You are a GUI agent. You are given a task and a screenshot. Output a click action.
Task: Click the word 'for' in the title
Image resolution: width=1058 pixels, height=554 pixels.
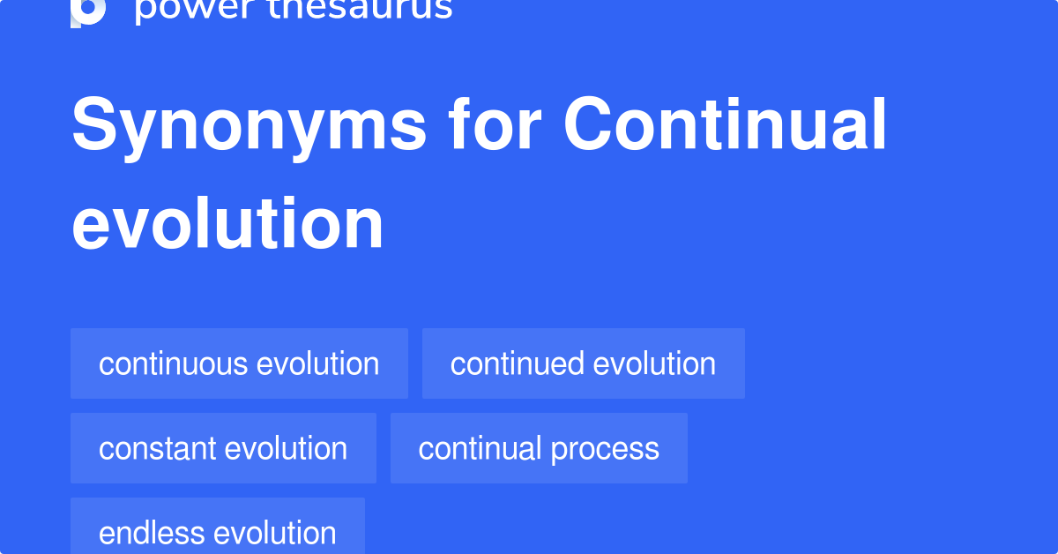494,125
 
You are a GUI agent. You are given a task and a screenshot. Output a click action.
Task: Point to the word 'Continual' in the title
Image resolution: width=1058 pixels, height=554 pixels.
725,125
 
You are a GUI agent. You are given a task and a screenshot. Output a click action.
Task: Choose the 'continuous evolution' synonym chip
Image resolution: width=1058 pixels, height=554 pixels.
239,363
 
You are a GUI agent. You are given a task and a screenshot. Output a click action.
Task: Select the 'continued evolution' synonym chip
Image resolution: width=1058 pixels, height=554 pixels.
583,363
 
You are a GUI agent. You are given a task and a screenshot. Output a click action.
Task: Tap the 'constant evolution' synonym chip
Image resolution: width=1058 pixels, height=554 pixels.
223,448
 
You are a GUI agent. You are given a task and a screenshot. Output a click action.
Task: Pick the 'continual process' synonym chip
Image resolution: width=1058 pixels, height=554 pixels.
539,448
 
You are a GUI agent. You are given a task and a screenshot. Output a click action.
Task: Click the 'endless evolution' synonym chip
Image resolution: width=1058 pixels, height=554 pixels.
217,531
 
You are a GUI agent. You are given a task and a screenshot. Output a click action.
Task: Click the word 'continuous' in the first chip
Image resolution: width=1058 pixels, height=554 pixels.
173,363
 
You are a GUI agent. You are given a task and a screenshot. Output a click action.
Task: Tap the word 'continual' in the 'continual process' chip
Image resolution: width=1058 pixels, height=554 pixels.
480,448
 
